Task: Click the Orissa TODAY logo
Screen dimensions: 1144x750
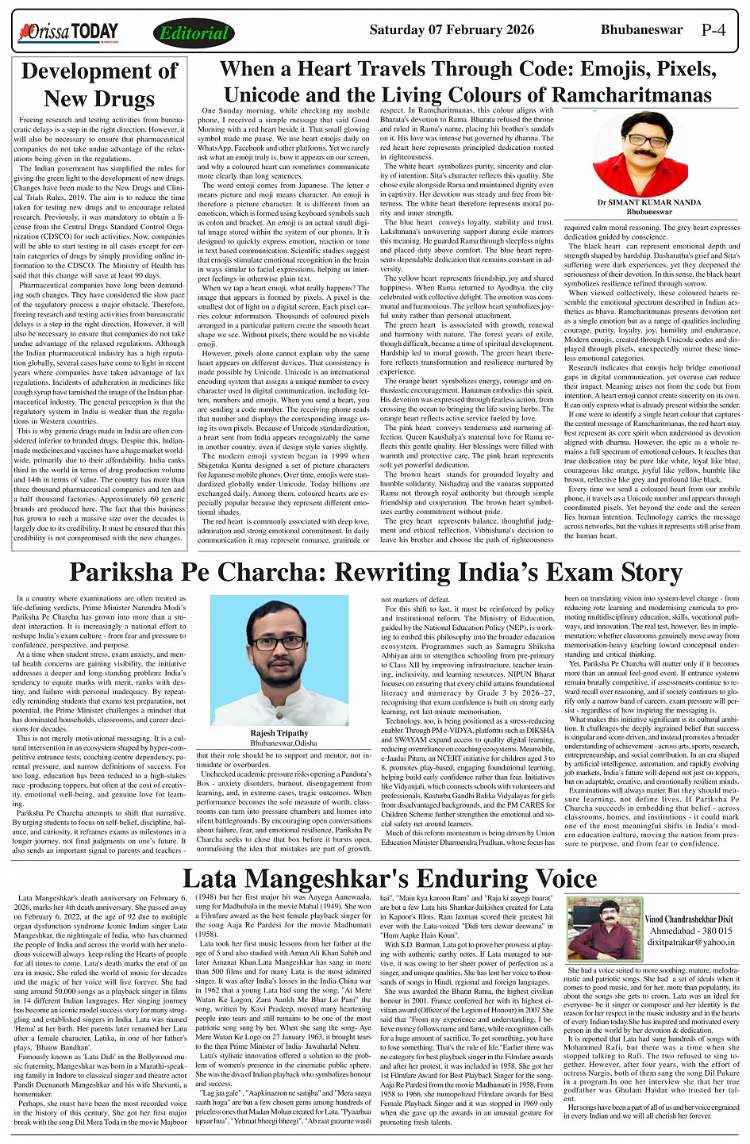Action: coord(68,33)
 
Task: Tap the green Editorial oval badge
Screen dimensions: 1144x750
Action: coord(193,33)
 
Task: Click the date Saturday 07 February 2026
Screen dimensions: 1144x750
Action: coord(452,30)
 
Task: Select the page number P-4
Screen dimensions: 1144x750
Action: coord(713,31)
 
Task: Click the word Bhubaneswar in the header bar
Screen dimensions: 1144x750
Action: coord(641,30)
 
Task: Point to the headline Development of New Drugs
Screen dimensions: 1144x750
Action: coord(99,85)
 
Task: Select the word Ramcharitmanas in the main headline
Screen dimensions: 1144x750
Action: coord(621,94)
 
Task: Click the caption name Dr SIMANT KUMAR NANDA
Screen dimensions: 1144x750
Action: coord(649,203)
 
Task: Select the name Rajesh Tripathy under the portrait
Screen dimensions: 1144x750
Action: coord(279,733)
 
